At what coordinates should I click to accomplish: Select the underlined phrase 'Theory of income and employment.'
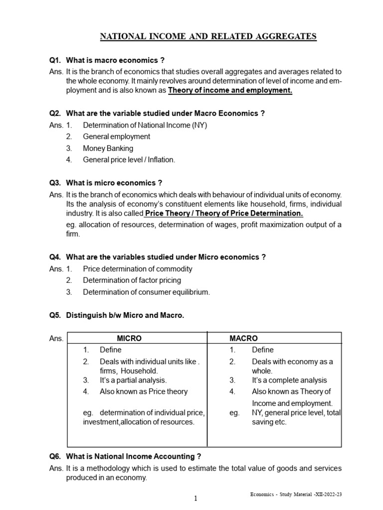(x=230, y=90)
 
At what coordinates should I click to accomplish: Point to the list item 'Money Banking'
(x=108, y=148)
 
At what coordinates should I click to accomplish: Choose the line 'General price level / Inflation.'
(x=129, y=160)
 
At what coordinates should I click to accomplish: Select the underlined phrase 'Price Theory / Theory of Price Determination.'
(x=224, y=213)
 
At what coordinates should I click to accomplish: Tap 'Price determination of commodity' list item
(x=137, y=268)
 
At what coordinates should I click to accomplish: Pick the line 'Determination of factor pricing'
(x=132, y=280)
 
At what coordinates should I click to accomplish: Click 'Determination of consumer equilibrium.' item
(x=146, y=292)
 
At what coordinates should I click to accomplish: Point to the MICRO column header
(x=129, y=338)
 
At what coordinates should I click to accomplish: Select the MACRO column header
(x=244, y=338)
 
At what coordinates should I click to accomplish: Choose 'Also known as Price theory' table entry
(x=144, y=391)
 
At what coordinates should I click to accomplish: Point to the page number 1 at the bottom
(x=196, y=499)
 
